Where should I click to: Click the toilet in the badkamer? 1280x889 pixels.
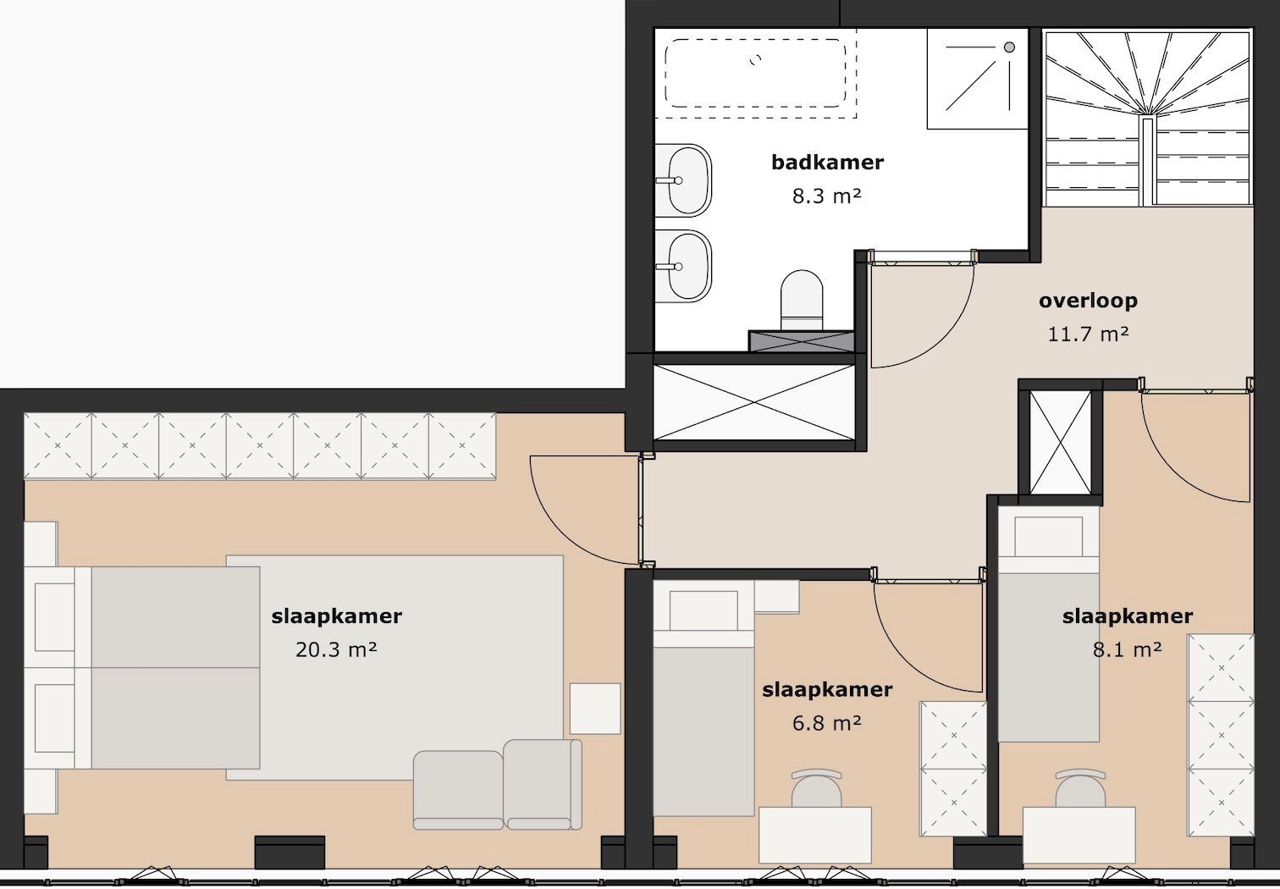point(801,299)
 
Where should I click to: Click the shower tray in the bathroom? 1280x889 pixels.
point(977,78)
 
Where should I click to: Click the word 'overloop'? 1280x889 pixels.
point(1088,301)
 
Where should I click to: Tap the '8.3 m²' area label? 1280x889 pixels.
point(826,196)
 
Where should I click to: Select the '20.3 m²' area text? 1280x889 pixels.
point(336,650)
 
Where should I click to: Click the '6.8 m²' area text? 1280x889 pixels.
point(826,724)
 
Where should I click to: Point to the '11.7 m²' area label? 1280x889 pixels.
point(1088,334)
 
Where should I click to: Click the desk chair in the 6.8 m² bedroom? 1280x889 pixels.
point(816,788)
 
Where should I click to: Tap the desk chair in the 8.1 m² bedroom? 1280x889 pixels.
point(1080,788)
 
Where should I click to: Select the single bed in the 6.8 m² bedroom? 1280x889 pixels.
point(703,703)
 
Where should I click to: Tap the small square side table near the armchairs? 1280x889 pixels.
point(595,709)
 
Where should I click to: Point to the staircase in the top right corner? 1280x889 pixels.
point(1147,119)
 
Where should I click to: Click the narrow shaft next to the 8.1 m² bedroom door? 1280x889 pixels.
point(1060,442)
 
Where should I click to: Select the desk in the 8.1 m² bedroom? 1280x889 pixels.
point(1079,834)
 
